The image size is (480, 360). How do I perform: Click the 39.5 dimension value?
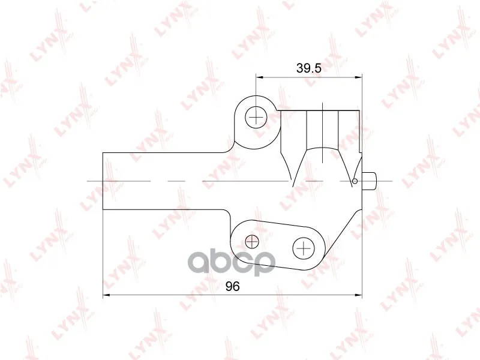tap(309, 68)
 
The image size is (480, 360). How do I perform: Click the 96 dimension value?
tap(233, 287)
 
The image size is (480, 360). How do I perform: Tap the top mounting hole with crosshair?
tap(256, 117)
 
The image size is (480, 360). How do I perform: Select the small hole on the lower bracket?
tap(252, 242)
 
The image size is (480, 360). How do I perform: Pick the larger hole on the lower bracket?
tap(304, 248)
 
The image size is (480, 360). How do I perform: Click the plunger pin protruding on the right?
tap(369, 181)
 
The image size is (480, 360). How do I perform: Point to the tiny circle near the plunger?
tap(355, 181)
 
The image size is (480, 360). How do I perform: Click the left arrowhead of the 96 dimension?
tap(107, 295)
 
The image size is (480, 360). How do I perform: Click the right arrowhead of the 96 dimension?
tap(358, 295)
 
